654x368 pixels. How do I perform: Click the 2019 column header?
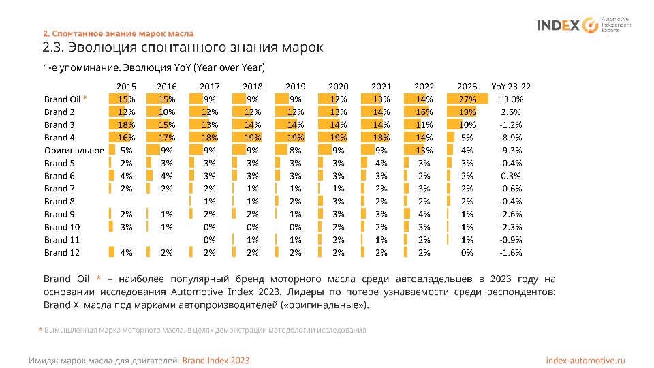(296, 87)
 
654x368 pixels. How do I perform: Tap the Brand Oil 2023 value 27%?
(467, 99)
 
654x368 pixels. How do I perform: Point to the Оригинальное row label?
(74, 151)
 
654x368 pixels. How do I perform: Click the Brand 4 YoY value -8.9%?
(510, 138)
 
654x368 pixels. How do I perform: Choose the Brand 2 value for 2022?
(424, 112)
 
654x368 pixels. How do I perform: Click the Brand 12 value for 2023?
(467, 253)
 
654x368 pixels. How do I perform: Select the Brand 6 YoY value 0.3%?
(512, 176)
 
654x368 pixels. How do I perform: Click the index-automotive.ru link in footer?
(586, 360)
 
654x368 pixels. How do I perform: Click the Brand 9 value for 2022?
(424, 214)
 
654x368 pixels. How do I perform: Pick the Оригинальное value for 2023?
(467, 151)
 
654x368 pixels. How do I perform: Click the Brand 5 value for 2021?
(381, 164)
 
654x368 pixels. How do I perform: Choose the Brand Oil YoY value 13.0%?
(510, 99)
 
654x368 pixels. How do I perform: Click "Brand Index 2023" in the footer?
(216, 360)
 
